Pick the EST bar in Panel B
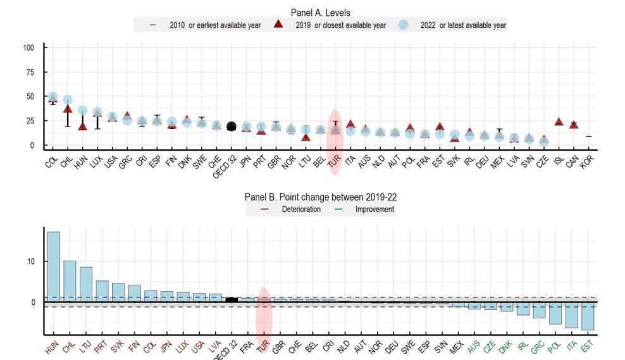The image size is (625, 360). (x=588, y=316)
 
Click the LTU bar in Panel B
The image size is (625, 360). (x=86, y=285)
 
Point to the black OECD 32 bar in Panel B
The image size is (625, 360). (x=232, y=300)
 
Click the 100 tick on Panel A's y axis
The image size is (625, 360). (x=29, y=47)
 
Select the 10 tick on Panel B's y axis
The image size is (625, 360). (x=32, y=261)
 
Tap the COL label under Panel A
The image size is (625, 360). (x=51, y=162)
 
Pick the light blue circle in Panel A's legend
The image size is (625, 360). (x=403, y=25)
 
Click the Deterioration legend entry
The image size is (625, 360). (x=300, y=209)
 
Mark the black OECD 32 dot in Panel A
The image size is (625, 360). (x=232, y=127)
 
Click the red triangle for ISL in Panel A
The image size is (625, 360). (x=559, y=121)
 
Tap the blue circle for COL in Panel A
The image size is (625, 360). (x=53, y=97)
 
